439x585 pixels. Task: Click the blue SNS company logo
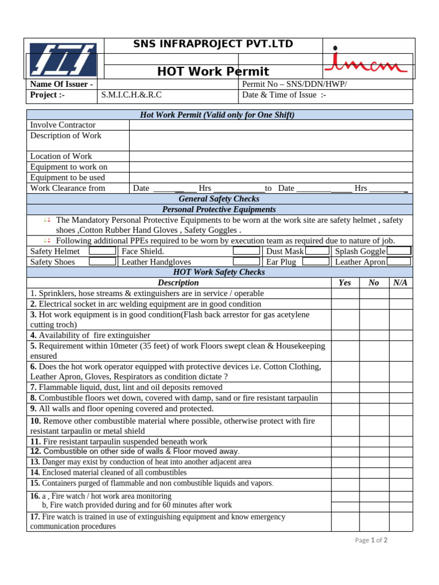pos(63,60)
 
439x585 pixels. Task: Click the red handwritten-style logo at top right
pos(366,62)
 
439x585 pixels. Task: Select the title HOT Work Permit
pos(213,71)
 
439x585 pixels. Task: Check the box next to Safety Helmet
pos(103,251)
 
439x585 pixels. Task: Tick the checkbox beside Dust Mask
pos(317,251)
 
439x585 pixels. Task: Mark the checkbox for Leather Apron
pos(399,262)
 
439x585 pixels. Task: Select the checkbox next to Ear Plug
pos(316,262)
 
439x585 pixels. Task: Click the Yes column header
pos(345,283)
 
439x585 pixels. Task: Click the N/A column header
pos(400,283)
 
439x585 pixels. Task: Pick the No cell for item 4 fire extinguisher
pos(374,335)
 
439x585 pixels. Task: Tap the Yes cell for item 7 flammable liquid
pos(345,387)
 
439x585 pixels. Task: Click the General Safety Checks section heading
pos(219,199)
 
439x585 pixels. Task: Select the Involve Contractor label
pos(63,125)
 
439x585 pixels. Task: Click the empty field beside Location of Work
pos(270,157)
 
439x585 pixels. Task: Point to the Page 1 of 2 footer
pos(371,540)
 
